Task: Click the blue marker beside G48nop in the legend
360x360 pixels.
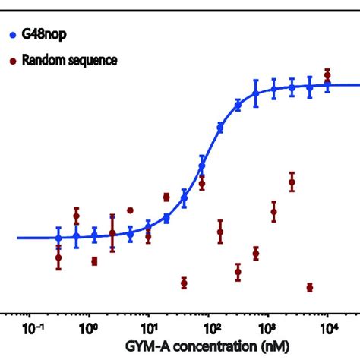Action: click(11, 35)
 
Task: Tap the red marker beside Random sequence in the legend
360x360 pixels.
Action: click(11, 60)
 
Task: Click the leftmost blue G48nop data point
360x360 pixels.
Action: click(58, 238)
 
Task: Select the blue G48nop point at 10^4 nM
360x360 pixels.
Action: click(327, 85)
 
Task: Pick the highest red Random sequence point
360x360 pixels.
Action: click(327, 74)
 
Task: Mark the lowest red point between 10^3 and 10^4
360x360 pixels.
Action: click(310, 287)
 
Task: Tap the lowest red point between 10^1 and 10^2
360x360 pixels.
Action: click(184, 283)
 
